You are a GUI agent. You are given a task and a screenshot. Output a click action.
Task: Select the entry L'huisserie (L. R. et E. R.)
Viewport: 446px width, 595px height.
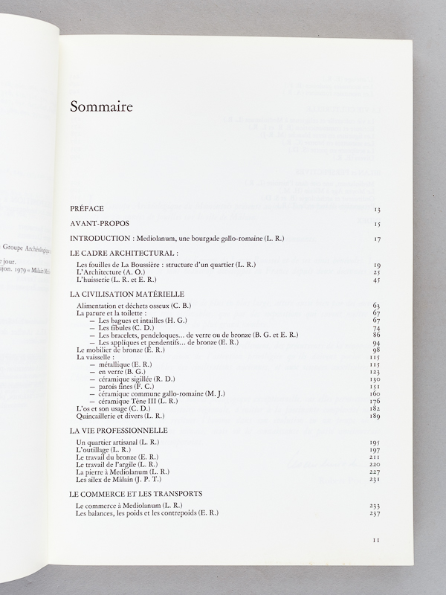click(x=123, y=280)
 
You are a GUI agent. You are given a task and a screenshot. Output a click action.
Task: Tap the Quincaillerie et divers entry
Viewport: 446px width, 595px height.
click(x=115, y=416)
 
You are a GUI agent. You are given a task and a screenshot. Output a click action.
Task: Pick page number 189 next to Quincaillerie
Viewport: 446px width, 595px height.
click(x=375, y=416)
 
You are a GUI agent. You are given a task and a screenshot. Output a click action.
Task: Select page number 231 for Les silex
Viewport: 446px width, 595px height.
click(x=375, y=480)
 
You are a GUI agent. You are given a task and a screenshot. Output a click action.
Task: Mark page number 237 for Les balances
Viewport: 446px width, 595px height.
click(x=375, y=514)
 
